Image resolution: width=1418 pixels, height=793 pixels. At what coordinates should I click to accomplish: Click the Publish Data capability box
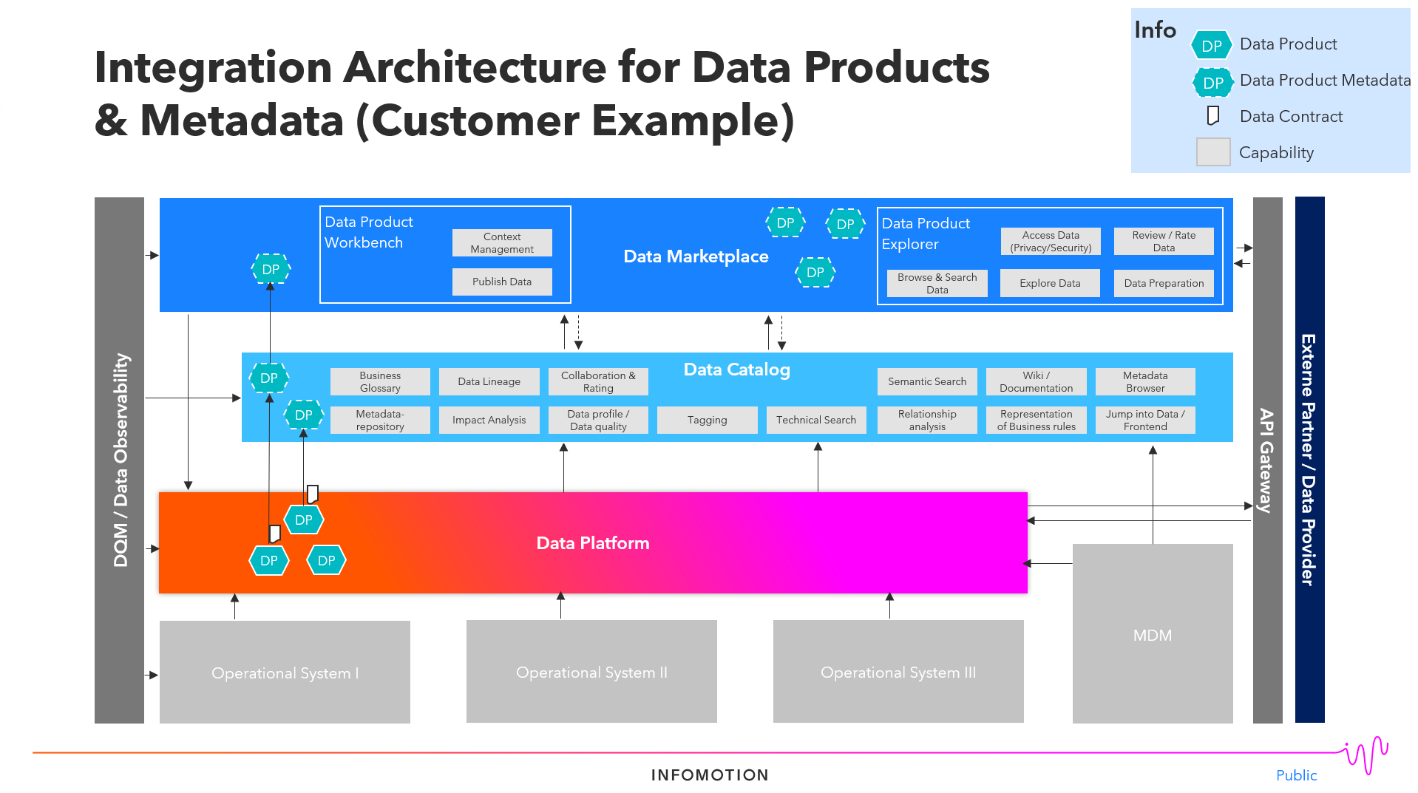[502, 282]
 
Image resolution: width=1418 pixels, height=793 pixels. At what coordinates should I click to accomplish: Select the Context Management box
[502, 242]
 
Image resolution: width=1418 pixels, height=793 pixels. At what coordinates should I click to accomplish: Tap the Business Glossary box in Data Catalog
[380, 381]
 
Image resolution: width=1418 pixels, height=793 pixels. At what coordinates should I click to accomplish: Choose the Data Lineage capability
[489, 381]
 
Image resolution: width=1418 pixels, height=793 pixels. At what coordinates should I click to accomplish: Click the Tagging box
[707, 420]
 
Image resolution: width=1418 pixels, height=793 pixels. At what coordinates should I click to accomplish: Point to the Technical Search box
[815, 420]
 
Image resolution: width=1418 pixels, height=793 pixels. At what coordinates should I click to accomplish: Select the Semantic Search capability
[926, 381]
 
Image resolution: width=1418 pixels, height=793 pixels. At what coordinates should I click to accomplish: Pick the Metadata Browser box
[1144, 381]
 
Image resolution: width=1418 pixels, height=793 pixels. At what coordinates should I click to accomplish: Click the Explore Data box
[1049, 283]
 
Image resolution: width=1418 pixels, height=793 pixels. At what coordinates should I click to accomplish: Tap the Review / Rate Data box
[1163, 241]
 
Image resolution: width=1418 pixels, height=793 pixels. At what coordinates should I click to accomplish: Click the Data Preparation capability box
[1163, 283]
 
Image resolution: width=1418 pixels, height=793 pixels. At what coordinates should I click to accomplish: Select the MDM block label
[1152, 635]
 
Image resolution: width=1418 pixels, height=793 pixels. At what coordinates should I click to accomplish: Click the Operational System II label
[591, 673]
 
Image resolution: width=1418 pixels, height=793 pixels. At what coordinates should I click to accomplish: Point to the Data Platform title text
[592, 543]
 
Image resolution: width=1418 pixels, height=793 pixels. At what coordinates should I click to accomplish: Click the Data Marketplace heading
[696, 256]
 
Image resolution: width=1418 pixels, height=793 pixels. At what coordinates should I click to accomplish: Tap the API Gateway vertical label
[1266, 460]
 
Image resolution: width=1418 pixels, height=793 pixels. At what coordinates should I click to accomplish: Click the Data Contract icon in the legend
[1212, 116]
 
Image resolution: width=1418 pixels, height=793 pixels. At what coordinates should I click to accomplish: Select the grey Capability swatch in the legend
[1212, 152]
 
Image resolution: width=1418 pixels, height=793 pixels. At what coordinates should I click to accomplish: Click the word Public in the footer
[1296, 775]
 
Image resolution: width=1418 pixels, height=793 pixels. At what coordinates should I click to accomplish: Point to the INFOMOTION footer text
[710, 775]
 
